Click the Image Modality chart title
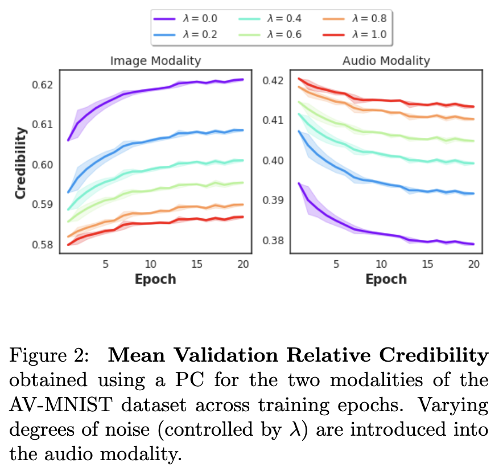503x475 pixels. click(x=155, y=60)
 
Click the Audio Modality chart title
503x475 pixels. click(x=386, y=60)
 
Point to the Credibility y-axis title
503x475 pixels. click(x=21, y=163)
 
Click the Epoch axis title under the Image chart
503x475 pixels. click(x=155, y=279)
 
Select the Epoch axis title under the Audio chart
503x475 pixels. click(x=386, y=279)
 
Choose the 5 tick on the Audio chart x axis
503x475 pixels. click(x=336, y=264)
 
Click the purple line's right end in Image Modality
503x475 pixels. click(x=243, y=80)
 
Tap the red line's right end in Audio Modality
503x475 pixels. click(x=473, y=107)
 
